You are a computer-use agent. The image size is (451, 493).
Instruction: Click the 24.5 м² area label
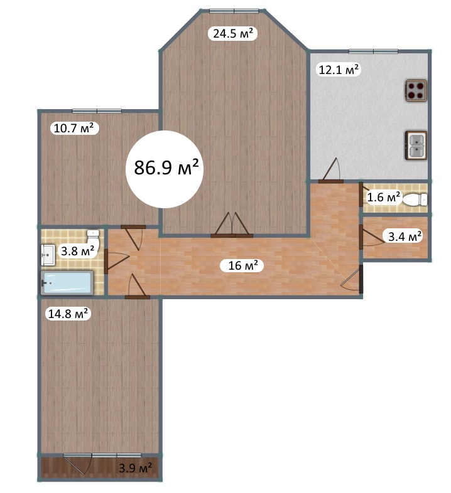[x=233, y=33]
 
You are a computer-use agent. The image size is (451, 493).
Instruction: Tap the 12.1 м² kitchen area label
[x=339, y=69]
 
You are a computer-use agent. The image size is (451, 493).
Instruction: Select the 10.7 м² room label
[x=74, y=128]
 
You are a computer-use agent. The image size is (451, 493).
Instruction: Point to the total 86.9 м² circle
[x=165, y=169]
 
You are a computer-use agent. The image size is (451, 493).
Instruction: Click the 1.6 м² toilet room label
[x=384, y=197]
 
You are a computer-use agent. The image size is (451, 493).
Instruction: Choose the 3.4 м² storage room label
[x=405, y=236]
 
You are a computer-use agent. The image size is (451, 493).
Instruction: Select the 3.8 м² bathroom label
[x=77, y=252]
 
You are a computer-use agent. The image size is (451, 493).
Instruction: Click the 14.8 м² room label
[x=68, y=314]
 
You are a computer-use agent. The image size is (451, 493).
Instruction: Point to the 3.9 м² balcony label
[x=135, y=468]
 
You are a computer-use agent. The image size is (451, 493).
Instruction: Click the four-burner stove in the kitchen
[x=416, y=90]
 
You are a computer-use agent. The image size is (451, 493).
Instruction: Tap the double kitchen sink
[x=416, y=146]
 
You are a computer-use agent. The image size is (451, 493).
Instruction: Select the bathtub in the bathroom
[x=67, y=282]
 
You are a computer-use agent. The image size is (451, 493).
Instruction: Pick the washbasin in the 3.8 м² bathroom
[x=48, y=255]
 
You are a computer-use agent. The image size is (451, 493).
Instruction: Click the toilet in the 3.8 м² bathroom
[x=93, y=239]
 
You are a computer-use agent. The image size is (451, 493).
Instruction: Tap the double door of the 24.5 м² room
[x=232, y=225]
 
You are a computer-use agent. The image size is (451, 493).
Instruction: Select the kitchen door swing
[x=330, y=171]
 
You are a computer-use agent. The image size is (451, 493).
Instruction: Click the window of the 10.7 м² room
[x=97, y=111]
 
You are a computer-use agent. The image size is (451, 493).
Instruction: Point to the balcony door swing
[x=78, y=464]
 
